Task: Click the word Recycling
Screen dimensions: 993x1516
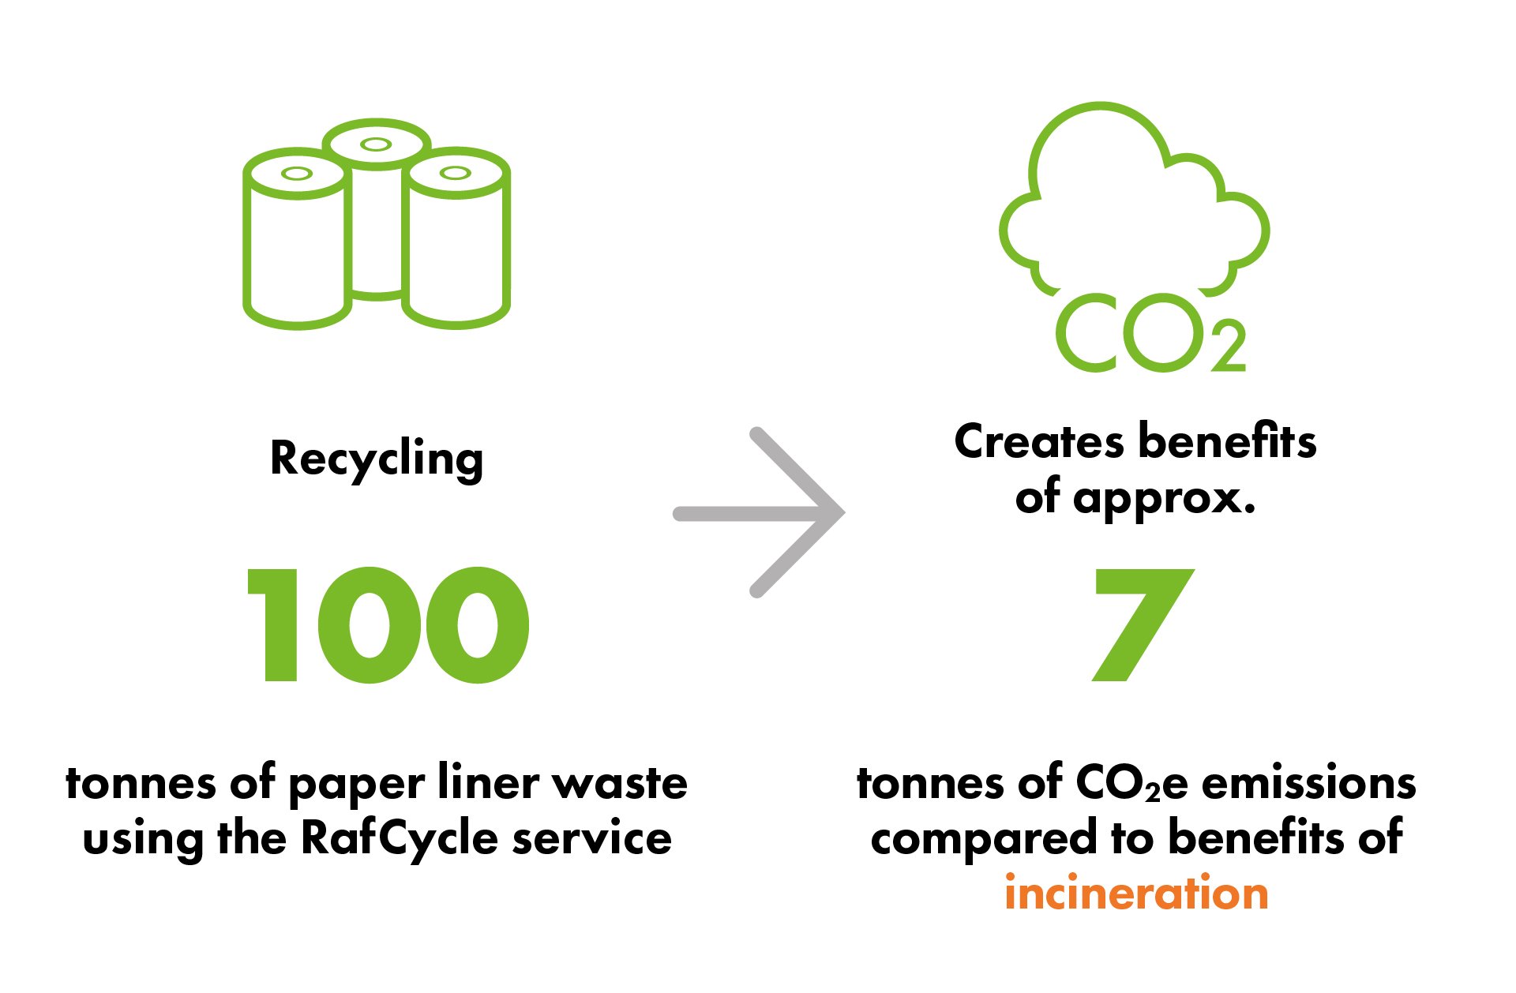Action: pos(377,459)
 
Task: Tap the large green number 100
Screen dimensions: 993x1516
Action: pos(388,624)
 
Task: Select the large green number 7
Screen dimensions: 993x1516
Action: pos(1141,624)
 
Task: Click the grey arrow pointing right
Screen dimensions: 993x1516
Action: pos(760,513)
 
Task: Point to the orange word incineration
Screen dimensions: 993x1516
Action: pos(1136,894)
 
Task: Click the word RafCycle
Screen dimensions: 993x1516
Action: pos(400,838)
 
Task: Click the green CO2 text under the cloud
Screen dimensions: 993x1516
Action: pos(1149,334)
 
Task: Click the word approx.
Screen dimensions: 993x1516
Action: pos(1164,499)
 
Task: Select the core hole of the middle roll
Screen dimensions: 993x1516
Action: pos(376,144)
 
